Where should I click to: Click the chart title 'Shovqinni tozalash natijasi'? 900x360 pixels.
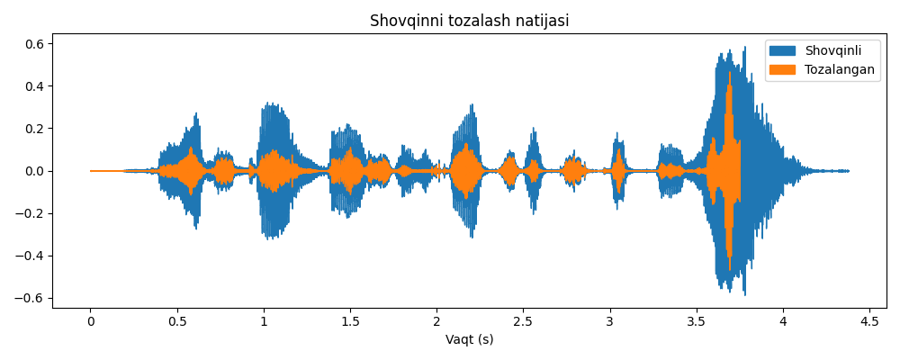(x=469, y=21)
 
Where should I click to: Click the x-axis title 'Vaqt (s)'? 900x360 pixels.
(x=469, y=340)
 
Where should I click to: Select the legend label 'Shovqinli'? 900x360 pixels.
(x=832, y=50)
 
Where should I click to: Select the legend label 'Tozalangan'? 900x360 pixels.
(x=839, y=69)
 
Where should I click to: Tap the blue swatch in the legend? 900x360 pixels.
(x=782, y=50)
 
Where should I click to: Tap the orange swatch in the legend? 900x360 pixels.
(x=782, y=69)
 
